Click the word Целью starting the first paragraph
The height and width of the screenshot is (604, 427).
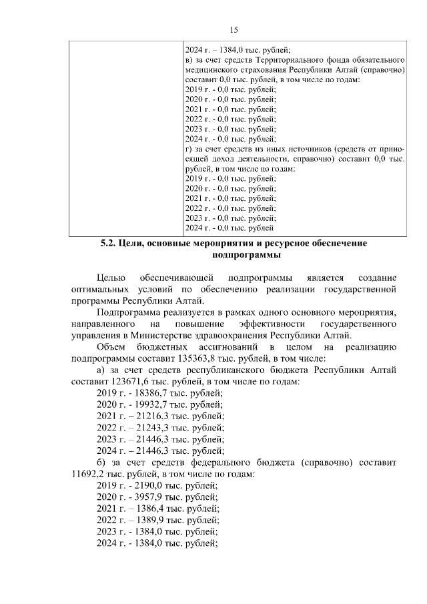coord(111,278)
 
